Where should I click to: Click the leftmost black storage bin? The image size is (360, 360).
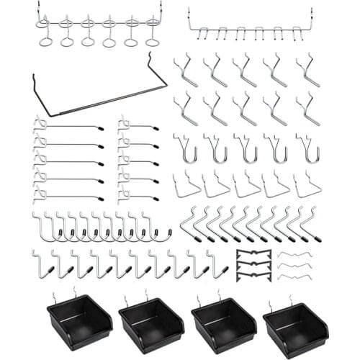79,320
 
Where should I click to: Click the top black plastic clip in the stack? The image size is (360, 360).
253,253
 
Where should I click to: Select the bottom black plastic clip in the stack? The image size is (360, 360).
253,276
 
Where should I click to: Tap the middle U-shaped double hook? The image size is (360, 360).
247,149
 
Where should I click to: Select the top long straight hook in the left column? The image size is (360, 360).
68,127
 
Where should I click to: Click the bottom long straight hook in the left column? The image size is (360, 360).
68,196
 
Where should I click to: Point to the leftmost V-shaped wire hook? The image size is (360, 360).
186,186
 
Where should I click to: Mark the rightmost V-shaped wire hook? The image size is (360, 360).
307,186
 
